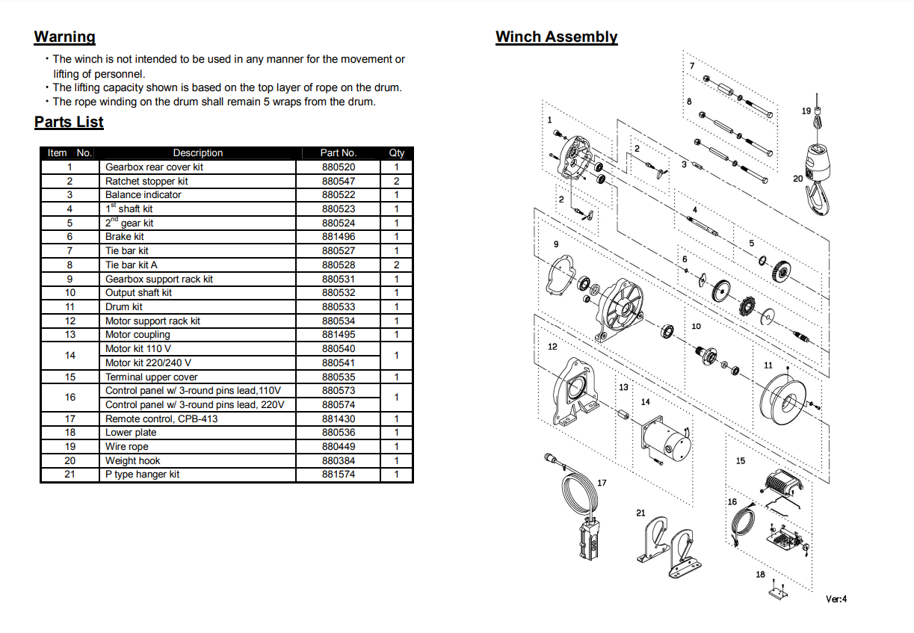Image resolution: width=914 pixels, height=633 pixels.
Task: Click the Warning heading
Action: (x=65, y=37)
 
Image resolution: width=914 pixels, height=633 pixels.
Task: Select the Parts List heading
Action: (x=69, y=122)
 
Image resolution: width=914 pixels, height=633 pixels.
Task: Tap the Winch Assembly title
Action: (x=556, y=37)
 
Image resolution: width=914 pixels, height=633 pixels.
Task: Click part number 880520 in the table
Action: (x=339, y=167)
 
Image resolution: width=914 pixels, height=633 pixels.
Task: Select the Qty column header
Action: (x=396, y=152)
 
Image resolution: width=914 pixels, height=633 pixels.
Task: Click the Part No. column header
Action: (x=339, y=152)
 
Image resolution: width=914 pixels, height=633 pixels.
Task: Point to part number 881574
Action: (x=339, y=474)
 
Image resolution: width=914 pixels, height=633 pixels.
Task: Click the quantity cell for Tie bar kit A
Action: (x=396, y=265)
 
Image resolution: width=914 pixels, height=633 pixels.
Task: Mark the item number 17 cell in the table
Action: (x=70, y=419)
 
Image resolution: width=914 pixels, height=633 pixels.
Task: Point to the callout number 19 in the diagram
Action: (x=806, y=111)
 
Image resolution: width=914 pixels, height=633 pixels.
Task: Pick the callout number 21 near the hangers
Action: (x=640, y=513)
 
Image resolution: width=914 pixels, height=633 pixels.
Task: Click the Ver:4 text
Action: (x=836, y=599)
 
